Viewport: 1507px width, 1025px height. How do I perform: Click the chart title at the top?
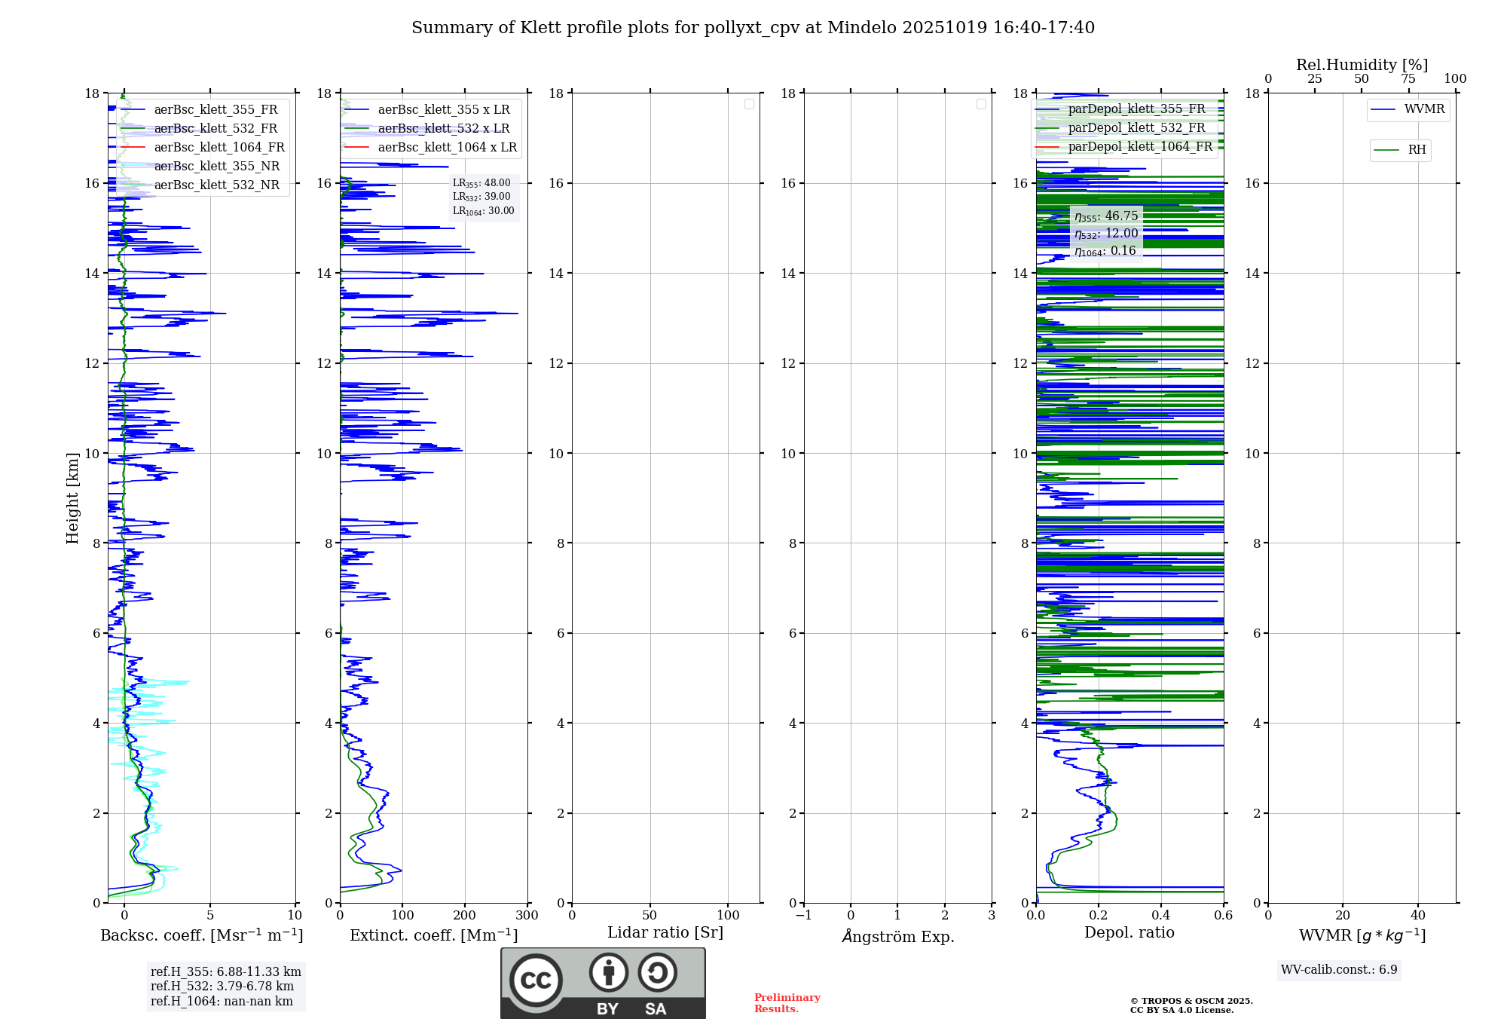pyautogui.click(x=753, y=28)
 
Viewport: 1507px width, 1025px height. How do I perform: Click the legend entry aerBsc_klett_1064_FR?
pyautogui.click(x=219, y=148)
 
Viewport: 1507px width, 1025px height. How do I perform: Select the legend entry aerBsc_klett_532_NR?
pyautogui.click(x=216, y=185)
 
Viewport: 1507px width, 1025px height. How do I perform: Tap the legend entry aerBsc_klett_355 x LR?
pyautogui.click(x=443, y=110)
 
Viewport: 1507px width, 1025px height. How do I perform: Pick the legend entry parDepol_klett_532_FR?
pyautogui.click(x=1136, y=128)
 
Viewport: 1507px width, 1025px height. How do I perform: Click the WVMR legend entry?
pyautogui.click(x=1424, y=110)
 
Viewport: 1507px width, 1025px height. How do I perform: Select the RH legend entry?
pyautogui.click(x=1417, y=150)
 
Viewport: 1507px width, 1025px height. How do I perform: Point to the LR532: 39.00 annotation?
pyautogui.click(x=481, y=197)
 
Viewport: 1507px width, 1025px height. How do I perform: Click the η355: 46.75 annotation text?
pyautogui.click(x=1106, y=216)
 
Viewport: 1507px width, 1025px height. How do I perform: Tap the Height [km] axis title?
pyautogui.click(x=72, y=498)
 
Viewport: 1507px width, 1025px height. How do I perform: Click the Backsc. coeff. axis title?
pyautogui.click(x=201, y=935)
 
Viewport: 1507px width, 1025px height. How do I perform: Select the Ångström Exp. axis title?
pyautogui.click(x=897, y=936)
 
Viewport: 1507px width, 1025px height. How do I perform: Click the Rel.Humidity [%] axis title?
pyautogui.click(x=1362, y=65)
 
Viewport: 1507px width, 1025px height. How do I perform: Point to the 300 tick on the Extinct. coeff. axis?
pyautogui.click(x=527, y=915)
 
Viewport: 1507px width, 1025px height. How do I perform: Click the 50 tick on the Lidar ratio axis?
pyautogui.click(x=650, y=915)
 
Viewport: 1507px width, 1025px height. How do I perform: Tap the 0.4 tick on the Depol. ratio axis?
pyautogui.click(x=1161, y=915)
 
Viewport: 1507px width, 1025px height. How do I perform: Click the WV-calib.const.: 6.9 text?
pyautogui.click(x=1339, y=970)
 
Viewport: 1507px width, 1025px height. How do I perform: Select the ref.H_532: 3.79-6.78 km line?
pyautogui.click(x=222, y=987)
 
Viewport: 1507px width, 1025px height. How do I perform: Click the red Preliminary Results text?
pyautogui.click(x=787, y=1003)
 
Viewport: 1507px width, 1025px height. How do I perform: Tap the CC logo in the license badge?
pyautogui.click(x=536, y=981)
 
